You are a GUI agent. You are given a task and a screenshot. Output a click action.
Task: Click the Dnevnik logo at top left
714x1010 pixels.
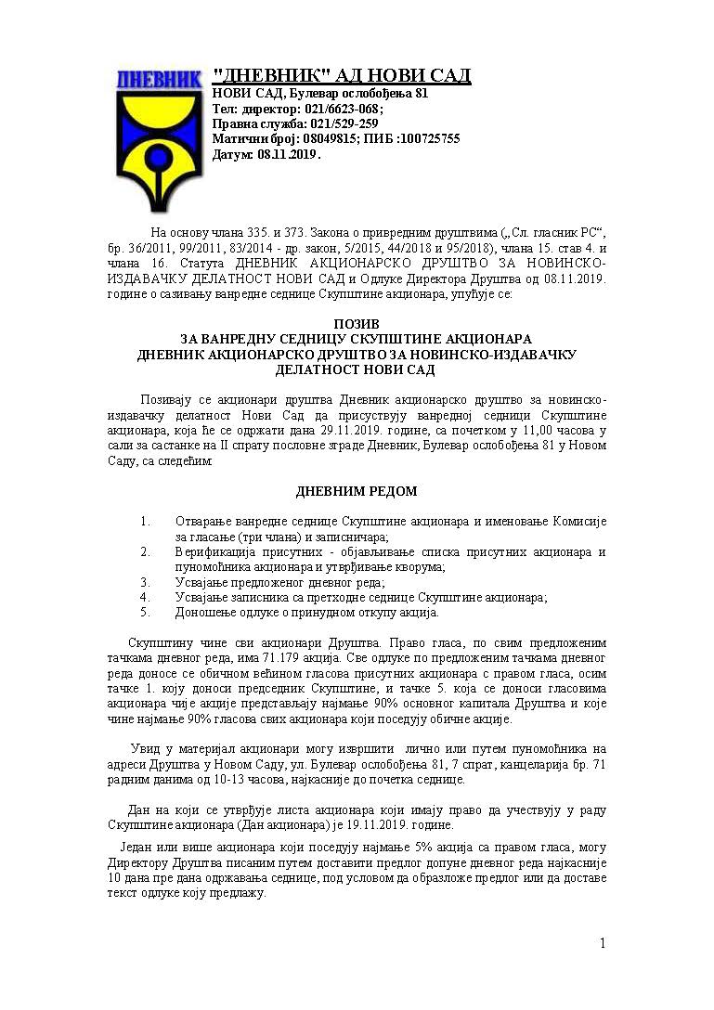(x=159, y=130)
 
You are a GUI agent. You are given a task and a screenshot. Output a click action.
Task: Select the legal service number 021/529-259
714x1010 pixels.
(x=344, y=123)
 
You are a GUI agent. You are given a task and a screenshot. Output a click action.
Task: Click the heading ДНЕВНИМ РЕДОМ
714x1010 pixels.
(x=356, y=491)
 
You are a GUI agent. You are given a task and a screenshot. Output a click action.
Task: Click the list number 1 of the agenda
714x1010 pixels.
(x=145, y=521)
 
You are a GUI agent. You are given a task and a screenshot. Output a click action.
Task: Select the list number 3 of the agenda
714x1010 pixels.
(x=145, y=582)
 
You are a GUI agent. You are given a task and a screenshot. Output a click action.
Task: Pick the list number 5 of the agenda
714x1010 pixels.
(x=145, y=612)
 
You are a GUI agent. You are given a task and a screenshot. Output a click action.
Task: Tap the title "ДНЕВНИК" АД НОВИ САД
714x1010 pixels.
(x=342, y=76)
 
